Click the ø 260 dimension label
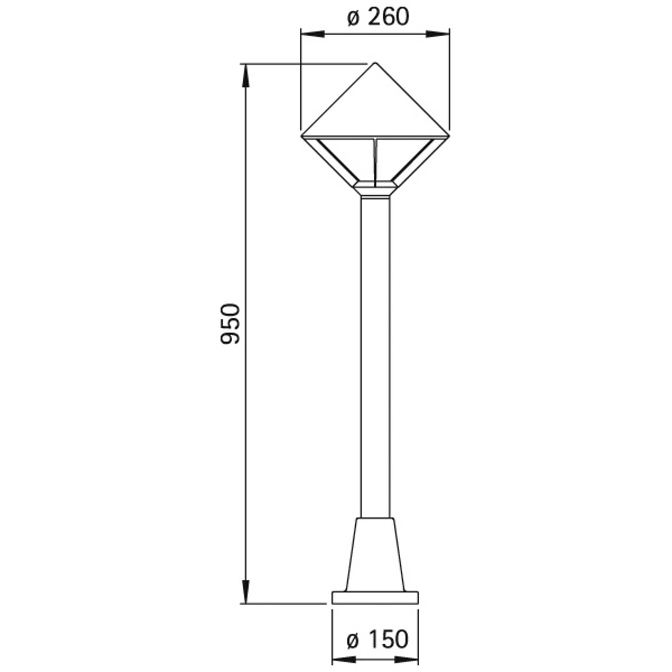click(x=378, y=17)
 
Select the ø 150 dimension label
click(x=378, y=639)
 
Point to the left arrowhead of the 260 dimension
click(x=312, y=34)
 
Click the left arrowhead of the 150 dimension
click(x=344, y=660)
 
